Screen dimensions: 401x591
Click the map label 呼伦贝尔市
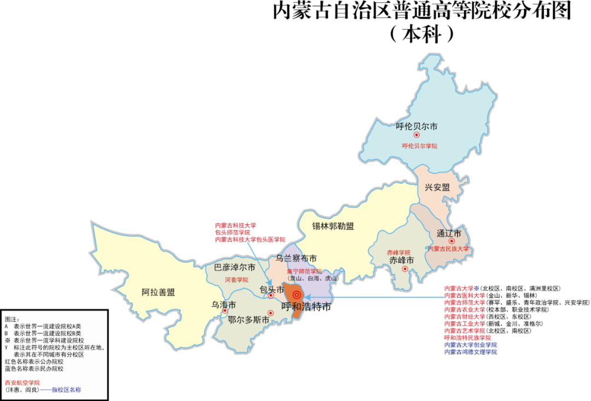(x=416, y=126)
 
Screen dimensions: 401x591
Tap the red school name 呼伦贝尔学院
(x=420, y=146)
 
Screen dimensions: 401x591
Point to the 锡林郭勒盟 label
(x=333, y=226)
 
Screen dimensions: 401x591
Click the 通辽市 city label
(x=449, y=233)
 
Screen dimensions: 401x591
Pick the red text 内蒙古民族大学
(x=449, y=249)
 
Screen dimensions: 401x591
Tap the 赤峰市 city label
(x=402, y=260)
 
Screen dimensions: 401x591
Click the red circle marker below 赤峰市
(x=405, y=269)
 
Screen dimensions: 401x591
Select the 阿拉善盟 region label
(x=158, y=292)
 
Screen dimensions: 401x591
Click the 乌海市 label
(x=224, y=305)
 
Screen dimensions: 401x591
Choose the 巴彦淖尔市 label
(x=235, y=268)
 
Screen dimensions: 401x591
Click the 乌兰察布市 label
(x=296, y=258)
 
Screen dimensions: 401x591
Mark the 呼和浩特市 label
(x=306, y=307)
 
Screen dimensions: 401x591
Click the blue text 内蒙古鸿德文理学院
(x=471, y=352)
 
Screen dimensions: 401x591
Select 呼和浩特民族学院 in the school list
(x=467, y=338)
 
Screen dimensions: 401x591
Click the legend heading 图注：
(x=12, y=318)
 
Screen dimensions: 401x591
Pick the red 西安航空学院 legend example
(x=22, y=382)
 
